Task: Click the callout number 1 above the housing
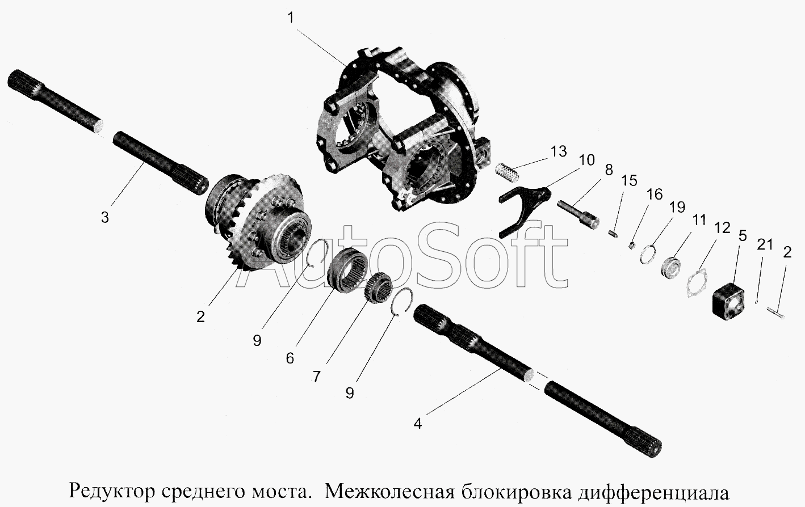click(x=291, y=18)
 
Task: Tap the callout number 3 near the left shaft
click(x=104, y=218)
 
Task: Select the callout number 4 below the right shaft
click(x=417, y=424)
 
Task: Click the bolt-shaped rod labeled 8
click(x=578, y=214)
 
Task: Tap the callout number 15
click(x=629, y=180)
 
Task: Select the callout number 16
click(x=655, y=195)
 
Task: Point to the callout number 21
click(x=764, y=244)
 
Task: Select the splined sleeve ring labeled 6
click(x=349, y=271)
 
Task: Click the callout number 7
click(x=316, y=377)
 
